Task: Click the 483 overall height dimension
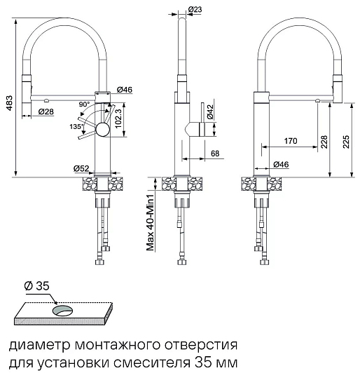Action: (9, 103)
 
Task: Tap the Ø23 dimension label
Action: (195, 9)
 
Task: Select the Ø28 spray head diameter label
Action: (46, 111)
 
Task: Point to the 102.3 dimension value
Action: (118, 118)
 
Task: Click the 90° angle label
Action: (84, 104)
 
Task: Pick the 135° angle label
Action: (76, 126)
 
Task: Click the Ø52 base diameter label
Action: (81, 169)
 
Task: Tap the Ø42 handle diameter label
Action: (211, 111)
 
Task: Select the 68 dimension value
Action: (215, 154)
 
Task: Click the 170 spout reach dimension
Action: (291, 141)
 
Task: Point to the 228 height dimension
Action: (324, 142)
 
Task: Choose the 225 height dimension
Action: (346, 142)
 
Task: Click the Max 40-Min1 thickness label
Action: (151, 222)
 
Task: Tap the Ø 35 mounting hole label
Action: (36, 285)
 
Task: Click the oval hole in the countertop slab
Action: (63, 311)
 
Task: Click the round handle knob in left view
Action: (103, 130)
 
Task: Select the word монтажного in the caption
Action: (117, 345)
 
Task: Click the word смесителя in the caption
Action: (152, 362)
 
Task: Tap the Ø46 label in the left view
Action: (125, 90)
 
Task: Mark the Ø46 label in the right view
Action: (281, 164)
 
